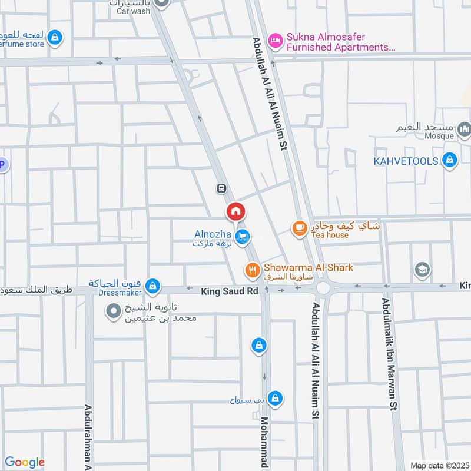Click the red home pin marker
(x=235, y=212)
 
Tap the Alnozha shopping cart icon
(x=242, y=237)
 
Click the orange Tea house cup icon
(x=300, y=227)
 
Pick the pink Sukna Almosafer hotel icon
(x=274, y=41)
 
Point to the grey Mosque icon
(x=465, y=128)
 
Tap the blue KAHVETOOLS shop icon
(x=450, y=161)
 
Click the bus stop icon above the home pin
(x=221, y=189)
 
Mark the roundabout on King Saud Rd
(x=323, y=288)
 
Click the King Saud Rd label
(x=230, y=291)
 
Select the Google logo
(x=25, y=462)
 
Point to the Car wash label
(x=130, y=11)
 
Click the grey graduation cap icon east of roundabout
(x=422, y=270)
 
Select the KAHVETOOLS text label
(x=406, y=161)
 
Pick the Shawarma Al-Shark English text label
(x=309, y=267)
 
